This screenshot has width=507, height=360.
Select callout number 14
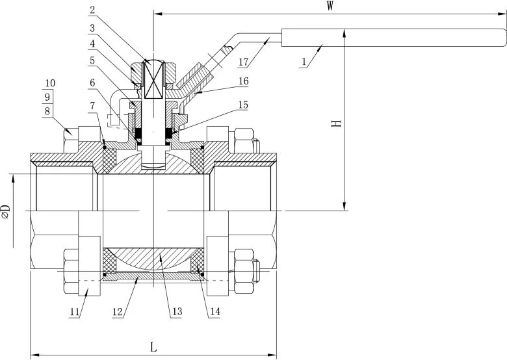[x=214, y=313]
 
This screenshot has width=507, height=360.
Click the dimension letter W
[x=330, y=6]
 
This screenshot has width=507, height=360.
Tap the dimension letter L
[x=153, y=347]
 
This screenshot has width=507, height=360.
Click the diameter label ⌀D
[x=5, y=212]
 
